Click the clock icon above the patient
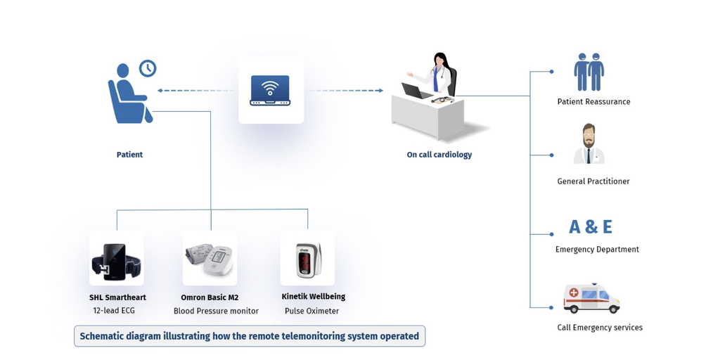click(148, 68)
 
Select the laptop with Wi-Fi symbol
click(271, 91)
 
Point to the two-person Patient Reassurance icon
click(589, 72)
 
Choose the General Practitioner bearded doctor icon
click(589, 145)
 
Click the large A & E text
click(591, 226)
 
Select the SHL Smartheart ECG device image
click(117, 260)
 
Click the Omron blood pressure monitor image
click(210, 259)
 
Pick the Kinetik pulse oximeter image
click(308, 259)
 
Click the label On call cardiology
click(439, 155)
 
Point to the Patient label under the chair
click(129, 155)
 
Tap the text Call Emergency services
click(599, 328)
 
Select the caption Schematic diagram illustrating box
click(249, 336)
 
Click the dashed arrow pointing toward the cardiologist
click(346, 91)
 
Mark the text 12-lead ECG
click(114, 311)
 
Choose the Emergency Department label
click(597, 250)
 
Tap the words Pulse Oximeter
click(311, 311)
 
